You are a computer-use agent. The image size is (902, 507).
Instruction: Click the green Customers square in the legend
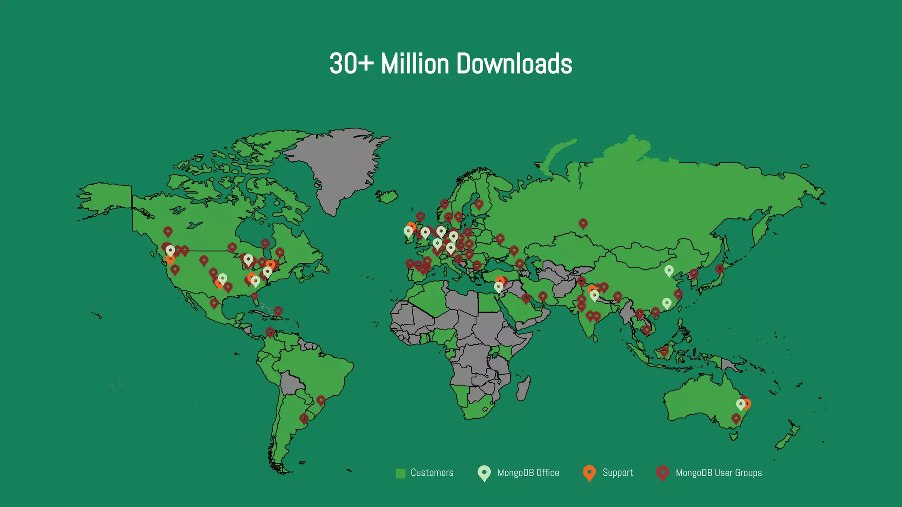click(x=400, y=473)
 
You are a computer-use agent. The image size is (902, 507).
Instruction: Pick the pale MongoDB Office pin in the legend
click(x=484, y=473)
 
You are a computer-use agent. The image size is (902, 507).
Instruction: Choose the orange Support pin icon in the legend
click(x=589, y=473)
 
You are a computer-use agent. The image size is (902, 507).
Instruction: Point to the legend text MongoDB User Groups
click(x=719, y=473)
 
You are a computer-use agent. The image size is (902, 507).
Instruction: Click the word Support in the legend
click(x=617, y=473)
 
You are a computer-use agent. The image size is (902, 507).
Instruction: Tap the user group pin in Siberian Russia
click(x=583, y=223)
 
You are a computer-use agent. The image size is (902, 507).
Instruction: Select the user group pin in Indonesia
click(x=664, y=351)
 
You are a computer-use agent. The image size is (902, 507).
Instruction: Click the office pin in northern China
click(x=669, y=270)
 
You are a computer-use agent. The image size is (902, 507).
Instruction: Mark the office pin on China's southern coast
click(x=667, y=303)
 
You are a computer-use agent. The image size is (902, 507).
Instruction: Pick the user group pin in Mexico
click(x=214, y=302)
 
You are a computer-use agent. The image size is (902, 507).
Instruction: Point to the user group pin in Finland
click(x=479, y=204)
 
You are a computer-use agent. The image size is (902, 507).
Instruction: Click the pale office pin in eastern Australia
click(x=740, y=404)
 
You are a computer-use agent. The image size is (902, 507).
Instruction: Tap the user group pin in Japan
click(x=719, y=268)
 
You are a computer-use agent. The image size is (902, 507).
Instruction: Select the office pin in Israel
click(x=498, y=287)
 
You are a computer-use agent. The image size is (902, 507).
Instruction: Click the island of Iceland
click(x=387, y=196)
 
